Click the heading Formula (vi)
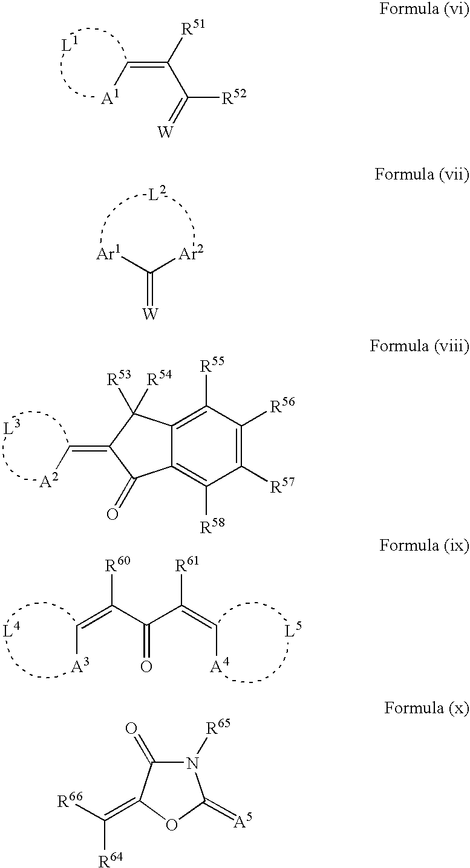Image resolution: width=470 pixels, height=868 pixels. (x=425, y=10)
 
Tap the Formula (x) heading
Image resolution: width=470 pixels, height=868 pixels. (x=426, y=708)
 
